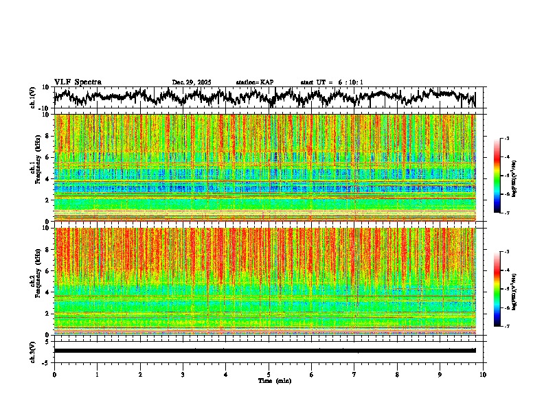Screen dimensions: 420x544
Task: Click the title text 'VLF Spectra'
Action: pyautogui.click(x=78, y=82)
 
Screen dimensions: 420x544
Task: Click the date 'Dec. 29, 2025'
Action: pyautogui.click(x=192, y=82)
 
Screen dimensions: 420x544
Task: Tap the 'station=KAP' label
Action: pyautogui.click(x=255, y=82)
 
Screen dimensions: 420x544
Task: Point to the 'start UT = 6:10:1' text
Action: pyautogui.click(x=332, y=82)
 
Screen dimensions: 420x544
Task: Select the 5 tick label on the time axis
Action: pyautogui.click(x=269, y=374)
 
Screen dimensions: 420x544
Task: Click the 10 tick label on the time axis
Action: pyautogui.click(x=483, y=374)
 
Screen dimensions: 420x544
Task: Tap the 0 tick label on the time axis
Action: pyautogui.click(x=54, y=374)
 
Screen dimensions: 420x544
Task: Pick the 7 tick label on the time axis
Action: pyautogui.click(x=354, y=374)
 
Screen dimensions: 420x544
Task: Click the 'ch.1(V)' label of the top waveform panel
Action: pyautogui.click(x=33, y=97)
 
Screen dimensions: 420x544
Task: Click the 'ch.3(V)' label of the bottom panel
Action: pyautogui.click(x=33, y=350)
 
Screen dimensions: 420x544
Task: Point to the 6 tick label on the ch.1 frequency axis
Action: pyautogui.click(x=48, y=157)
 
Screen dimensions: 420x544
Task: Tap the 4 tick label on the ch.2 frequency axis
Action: pyautogui.click(x=48, y=292)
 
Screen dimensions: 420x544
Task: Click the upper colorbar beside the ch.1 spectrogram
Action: pyautogui.click(x=500, y=176)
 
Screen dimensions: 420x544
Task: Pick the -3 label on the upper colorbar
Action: pyautogui.click(x=506, y=139)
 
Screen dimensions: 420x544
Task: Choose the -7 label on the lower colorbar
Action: pyautogui.click(x=506, y=327)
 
